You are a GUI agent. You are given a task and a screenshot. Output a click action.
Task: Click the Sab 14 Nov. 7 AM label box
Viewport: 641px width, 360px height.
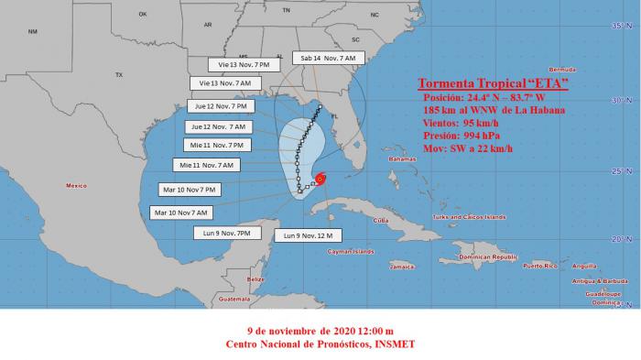[x=330, y=58]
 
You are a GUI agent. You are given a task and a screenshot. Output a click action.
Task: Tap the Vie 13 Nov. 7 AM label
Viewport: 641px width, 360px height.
[x=224, y=83]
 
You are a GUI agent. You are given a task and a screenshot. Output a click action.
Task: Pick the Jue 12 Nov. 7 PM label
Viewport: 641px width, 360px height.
[x=220, y=106]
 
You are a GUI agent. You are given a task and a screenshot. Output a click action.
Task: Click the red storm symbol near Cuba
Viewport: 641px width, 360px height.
[x=320, y=179]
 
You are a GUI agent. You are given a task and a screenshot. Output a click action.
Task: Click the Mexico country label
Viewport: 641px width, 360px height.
[x=75, y=186]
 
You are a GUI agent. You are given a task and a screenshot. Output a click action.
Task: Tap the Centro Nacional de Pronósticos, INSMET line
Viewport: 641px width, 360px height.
[x=320, y=344]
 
